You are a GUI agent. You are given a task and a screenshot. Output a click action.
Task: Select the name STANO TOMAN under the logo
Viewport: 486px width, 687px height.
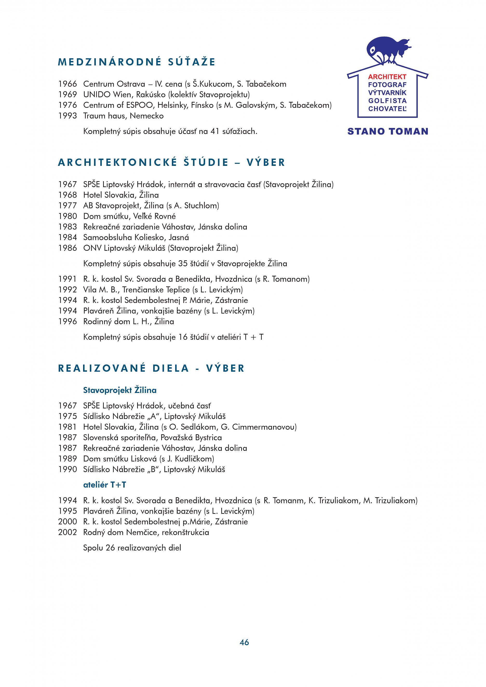(x=388, y=131)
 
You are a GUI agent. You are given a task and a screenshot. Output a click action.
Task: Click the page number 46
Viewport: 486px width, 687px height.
(x=244, y=642)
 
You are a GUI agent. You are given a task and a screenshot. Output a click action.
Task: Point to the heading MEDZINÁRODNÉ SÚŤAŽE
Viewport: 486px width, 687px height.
(x=137, y=62)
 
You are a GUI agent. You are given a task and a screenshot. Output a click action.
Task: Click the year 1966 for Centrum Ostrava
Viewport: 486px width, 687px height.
(x=68, y=84)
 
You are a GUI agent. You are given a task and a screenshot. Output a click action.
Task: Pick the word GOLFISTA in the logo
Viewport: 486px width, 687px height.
(x=387, y=101)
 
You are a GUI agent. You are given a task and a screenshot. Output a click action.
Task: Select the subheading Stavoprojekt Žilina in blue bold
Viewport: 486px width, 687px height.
(x=120, y=390)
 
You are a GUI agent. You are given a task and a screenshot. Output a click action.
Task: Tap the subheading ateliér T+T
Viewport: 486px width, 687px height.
(x=104, y=485)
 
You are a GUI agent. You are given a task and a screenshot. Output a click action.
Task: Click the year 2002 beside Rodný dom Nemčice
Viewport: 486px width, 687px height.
(x=68, y=532)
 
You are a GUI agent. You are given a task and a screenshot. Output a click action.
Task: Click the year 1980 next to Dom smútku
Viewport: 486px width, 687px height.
(x=68, y=216)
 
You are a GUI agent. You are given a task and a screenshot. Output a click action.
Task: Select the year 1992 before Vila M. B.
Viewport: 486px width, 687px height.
(x=68, y=290)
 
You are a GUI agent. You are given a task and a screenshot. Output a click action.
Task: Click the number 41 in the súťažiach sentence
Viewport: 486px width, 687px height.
(x=215, y=131)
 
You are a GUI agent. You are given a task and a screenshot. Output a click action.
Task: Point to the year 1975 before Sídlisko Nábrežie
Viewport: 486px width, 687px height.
(x=68, y=416)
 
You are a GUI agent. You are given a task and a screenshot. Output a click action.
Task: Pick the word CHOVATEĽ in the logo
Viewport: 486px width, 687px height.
(x=387, y=109)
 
